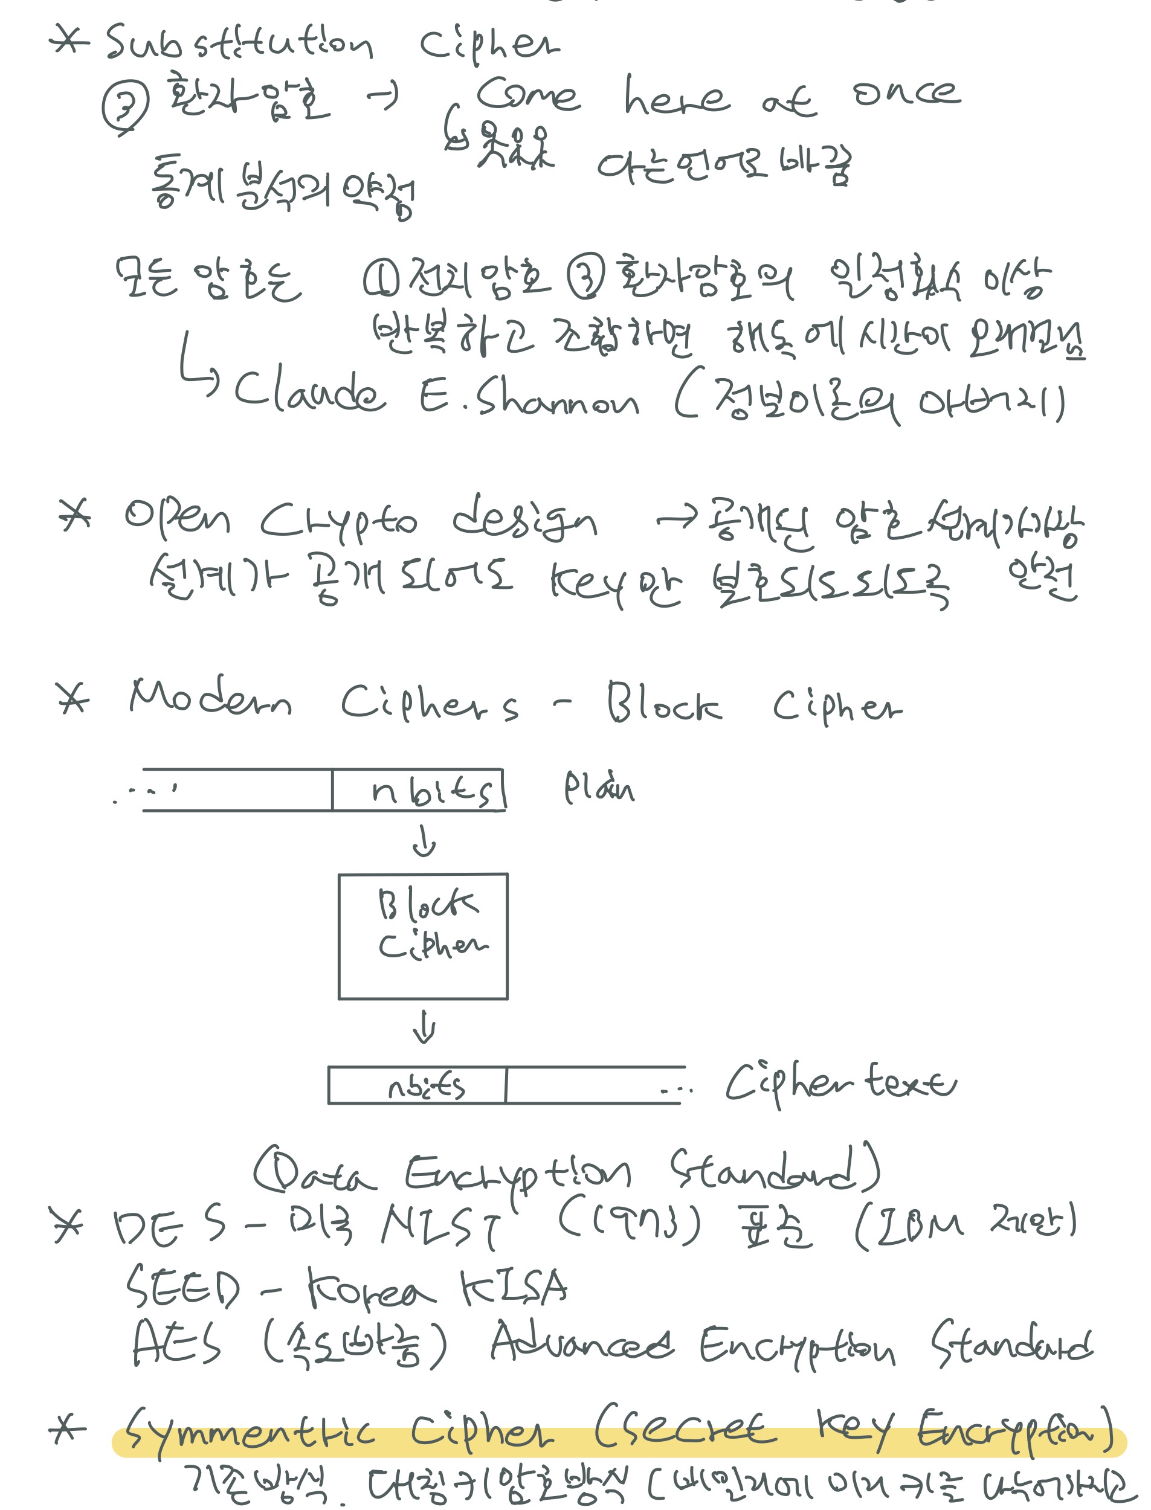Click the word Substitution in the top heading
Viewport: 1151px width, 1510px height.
[239, 42]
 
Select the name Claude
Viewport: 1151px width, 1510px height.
[308, 393]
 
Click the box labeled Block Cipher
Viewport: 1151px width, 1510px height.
[423, 936]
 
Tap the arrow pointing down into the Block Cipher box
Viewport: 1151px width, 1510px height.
[424, 840]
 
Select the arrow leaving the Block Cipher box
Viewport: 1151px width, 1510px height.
[424, 1027]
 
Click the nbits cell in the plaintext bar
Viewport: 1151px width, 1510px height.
[431, 791]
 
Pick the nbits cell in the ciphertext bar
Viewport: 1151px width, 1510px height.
[425, 1086]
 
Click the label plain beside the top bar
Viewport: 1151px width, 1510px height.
[599, 788]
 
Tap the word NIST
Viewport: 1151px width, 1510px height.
[441, 1225]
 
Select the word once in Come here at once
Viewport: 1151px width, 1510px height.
[906, 93]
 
